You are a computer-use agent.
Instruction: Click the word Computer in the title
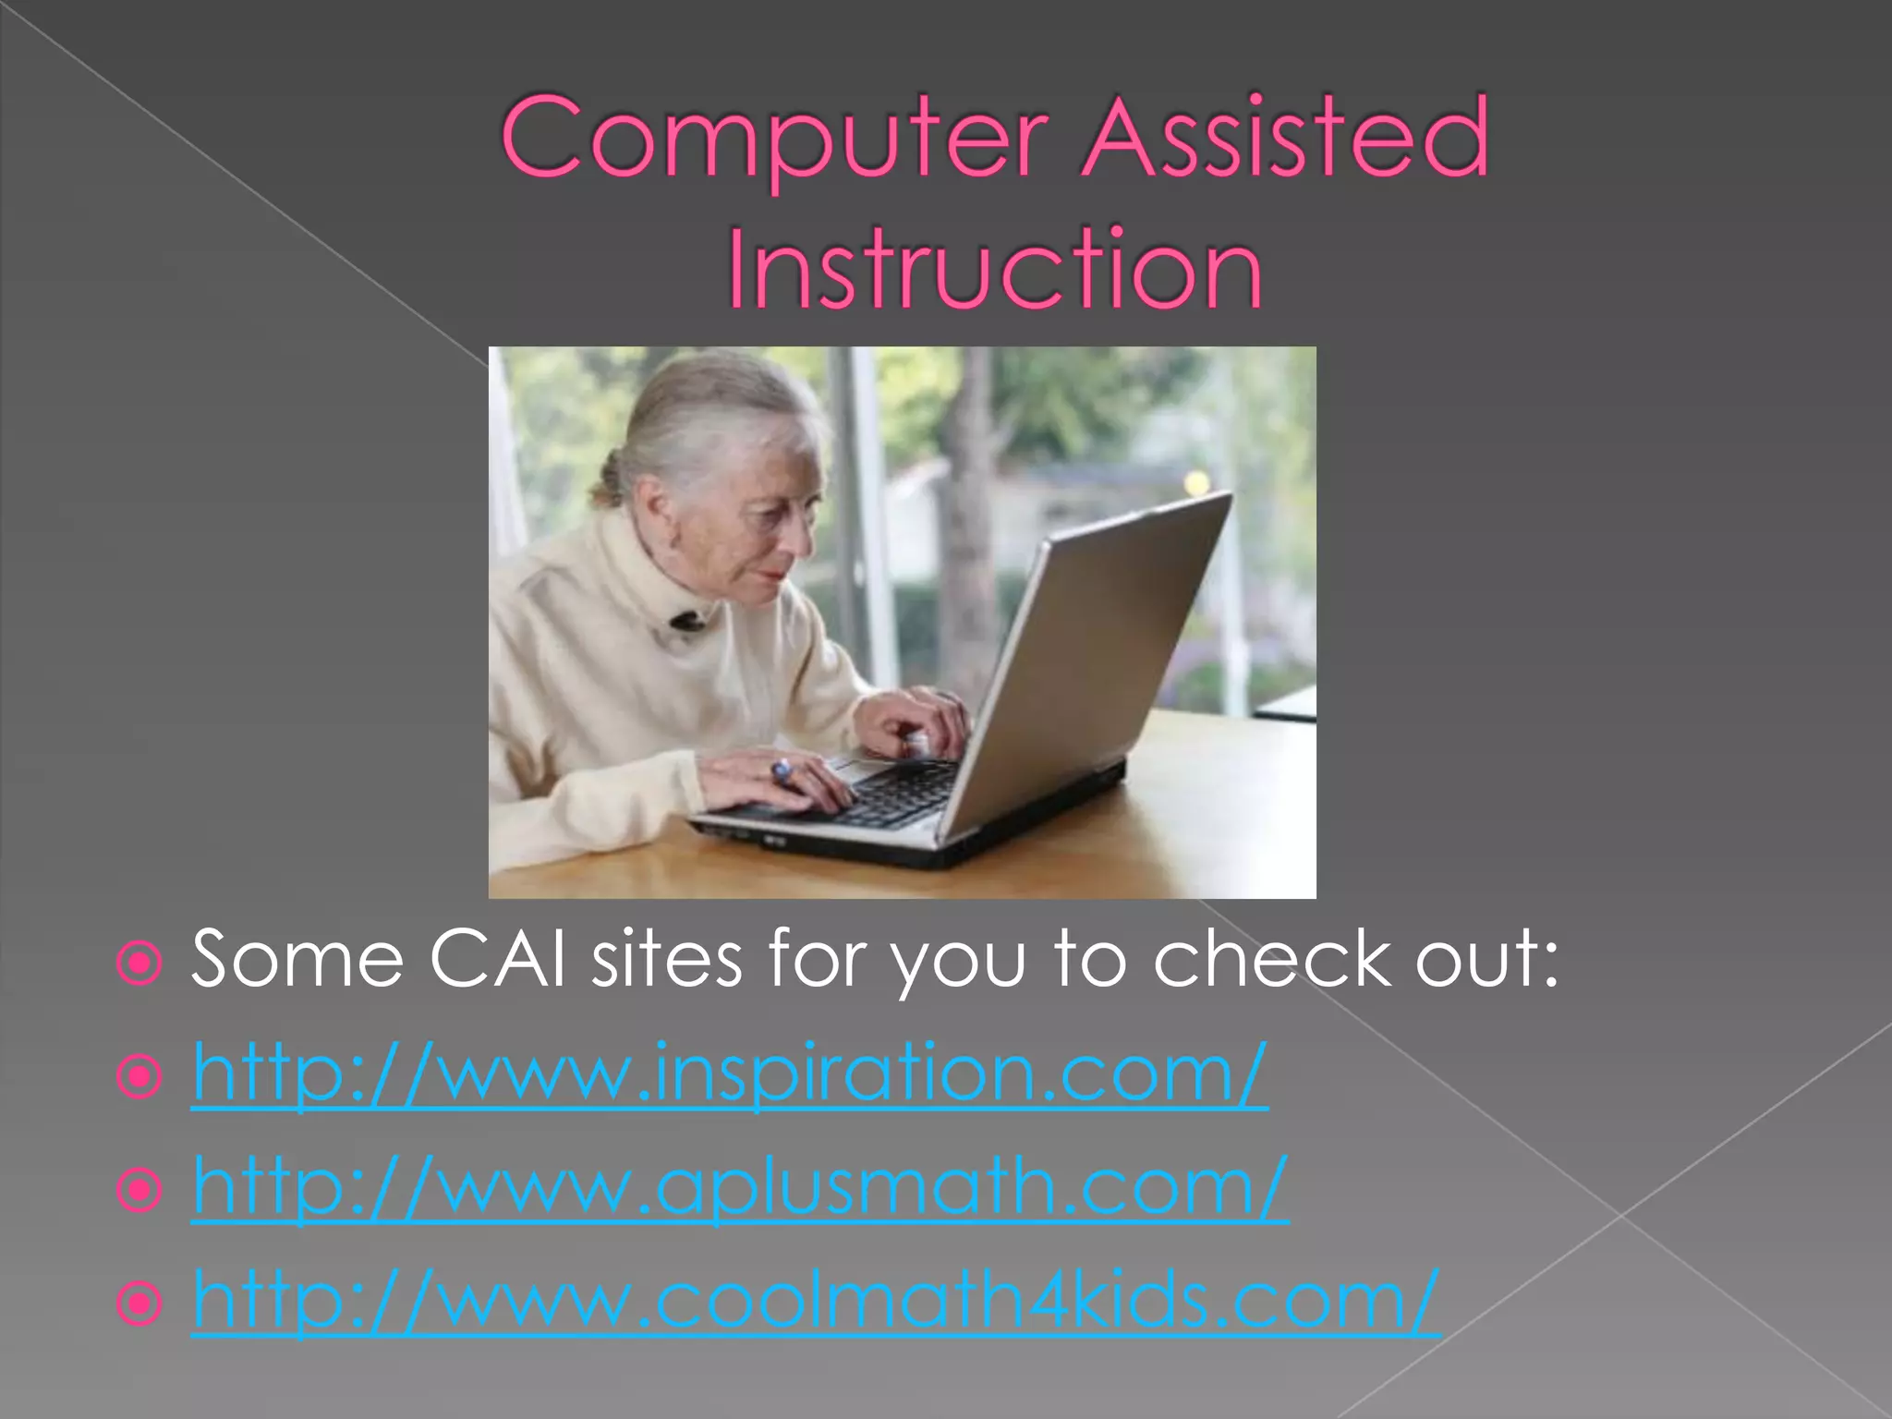[x=774, y=139]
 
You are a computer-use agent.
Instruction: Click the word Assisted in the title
[x=1284, y=139]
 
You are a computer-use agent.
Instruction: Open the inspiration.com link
[x=730, y=1073]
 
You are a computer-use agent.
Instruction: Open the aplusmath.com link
[x=739, y=1188]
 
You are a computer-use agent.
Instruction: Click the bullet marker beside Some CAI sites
[x=139, y=964]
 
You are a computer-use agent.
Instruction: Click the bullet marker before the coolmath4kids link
[x=139, y=1304]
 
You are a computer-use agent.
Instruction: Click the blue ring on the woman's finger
[x=782, y=769]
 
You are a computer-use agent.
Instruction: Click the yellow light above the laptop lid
[x=1196, y=480]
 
